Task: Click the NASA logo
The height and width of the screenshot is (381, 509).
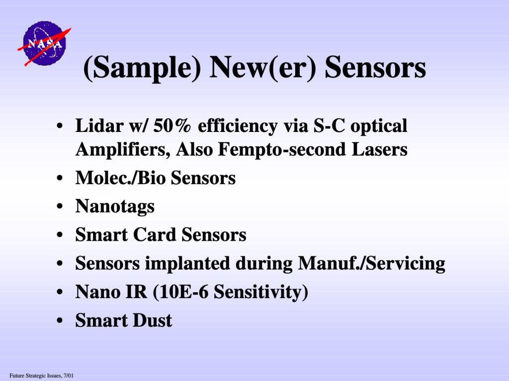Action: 44,44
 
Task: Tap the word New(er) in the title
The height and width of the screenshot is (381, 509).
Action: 263,67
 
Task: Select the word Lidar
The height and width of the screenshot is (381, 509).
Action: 99,126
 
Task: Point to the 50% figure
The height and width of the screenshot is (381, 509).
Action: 172,126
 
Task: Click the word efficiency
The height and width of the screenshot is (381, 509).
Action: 238,126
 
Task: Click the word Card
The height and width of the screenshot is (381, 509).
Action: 154,235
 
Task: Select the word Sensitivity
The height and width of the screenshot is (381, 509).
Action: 258,292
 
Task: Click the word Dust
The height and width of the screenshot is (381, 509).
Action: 152,320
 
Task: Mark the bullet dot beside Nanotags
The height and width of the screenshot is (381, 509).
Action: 60,206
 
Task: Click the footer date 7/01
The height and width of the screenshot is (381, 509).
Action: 69,376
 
